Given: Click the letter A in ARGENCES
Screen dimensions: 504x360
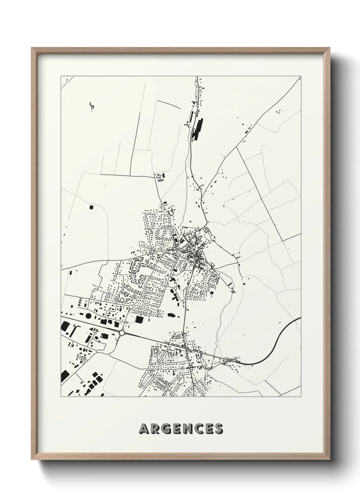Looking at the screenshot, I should [x=144, y=429].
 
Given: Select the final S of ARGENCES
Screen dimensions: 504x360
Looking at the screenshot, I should [x=218, y=429].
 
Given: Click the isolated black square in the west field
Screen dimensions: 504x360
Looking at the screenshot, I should [x=91, y=206].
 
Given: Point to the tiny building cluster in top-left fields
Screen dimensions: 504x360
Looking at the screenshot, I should [x=91, y=106].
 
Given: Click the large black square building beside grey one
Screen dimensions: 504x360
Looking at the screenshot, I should [x=139, y=319].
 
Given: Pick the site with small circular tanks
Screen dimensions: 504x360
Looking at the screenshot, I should [x=159, y=177].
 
